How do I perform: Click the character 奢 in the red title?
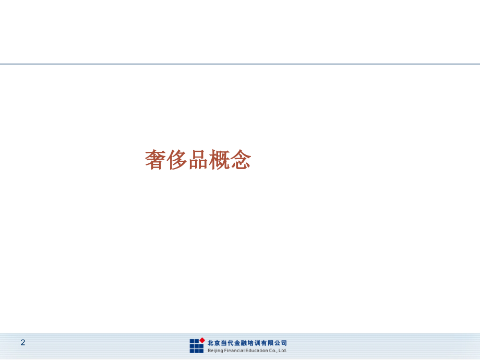pyautogui.click(x=155, y=160)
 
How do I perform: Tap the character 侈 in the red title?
pyautogui.click(x=176, y=160)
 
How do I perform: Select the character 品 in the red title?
pyautogui.click(x=198, y=160)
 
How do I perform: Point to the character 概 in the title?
pyautogui.click(x=219, y=160)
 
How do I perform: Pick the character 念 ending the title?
pyautogui.click(x=241, y=160)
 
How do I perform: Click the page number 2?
pyautogui.click(x=23, y=342)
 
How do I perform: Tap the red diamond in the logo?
pyautogui.click(x=202, y=340)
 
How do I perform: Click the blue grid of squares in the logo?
pyautogui.click(x=196, y=346)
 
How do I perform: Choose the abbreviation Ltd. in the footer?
pyautogui.click(x=282, y=351)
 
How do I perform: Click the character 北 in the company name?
pyautogui.click(x=211, y=343)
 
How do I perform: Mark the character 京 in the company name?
pyautogui.click(x=218, y=343)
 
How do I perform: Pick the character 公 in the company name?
pyautogui.click(x=277, y=343)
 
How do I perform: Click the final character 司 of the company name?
pyautogui.click(x=284, y=343)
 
